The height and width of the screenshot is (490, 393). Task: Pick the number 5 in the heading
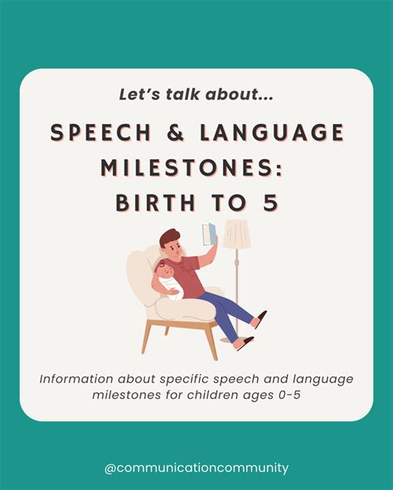(270, 203)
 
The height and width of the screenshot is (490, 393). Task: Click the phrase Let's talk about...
(196, 95)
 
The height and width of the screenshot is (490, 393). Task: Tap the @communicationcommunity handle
(196, 468)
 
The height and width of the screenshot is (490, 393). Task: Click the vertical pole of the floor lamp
(236, 281)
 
